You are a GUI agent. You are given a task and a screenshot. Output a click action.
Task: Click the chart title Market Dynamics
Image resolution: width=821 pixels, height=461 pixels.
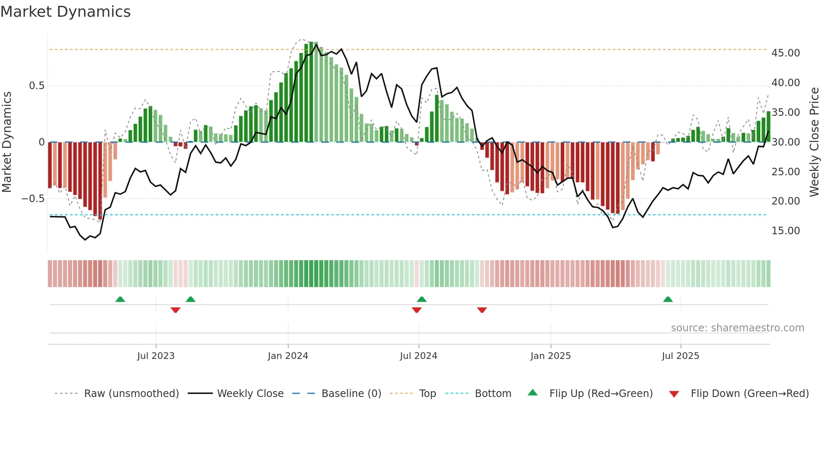tap(66, 12)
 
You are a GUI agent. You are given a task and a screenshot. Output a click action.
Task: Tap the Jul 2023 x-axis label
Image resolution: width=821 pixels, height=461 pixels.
tap(156, 356)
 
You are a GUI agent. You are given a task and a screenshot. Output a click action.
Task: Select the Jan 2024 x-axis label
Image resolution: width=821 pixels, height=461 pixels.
tap(288, 356)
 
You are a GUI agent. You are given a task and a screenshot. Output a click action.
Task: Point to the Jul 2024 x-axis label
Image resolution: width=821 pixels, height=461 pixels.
tap(418, 356)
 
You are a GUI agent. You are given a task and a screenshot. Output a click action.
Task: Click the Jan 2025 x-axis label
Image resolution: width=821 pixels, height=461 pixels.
tap(550, 356)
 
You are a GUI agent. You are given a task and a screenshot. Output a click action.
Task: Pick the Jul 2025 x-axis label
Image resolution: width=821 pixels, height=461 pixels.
tap(680, 356)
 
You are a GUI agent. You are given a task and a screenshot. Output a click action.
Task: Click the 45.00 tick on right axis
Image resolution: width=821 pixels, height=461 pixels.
tap(785, 53)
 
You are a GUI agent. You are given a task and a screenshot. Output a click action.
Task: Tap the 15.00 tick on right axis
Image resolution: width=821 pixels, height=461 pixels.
tap(785, 231)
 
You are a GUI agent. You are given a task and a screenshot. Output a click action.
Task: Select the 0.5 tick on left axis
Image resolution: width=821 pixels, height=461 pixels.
tap(36, 86)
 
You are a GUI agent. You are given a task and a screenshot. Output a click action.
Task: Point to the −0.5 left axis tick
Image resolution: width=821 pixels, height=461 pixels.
tap(33, 199)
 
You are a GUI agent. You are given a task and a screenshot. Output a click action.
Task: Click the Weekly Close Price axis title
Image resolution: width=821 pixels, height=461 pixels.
tap(814, 142)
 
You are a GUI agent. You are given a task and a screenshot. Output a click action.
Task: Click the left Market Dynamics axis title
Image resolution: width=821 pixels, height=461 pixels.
tap(7, 142)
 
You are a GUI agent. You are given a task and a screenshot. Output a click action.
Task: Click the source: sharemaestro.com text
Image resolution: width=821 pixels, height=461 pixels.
tap(737, 328)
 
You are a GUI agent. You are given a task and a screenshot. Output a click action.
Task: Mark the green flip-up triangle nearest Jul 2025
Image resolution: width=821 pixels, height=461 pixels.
tap(668, 300)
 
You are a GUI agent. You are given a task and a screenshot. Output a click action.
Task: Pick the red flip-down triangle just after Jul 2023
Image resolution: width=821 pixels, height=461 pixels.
tap(176, 310)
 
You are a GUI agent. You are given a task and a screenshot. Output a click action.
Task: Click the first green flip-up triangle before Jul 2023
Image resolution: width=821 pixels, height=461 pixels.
tap(120, 300)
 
